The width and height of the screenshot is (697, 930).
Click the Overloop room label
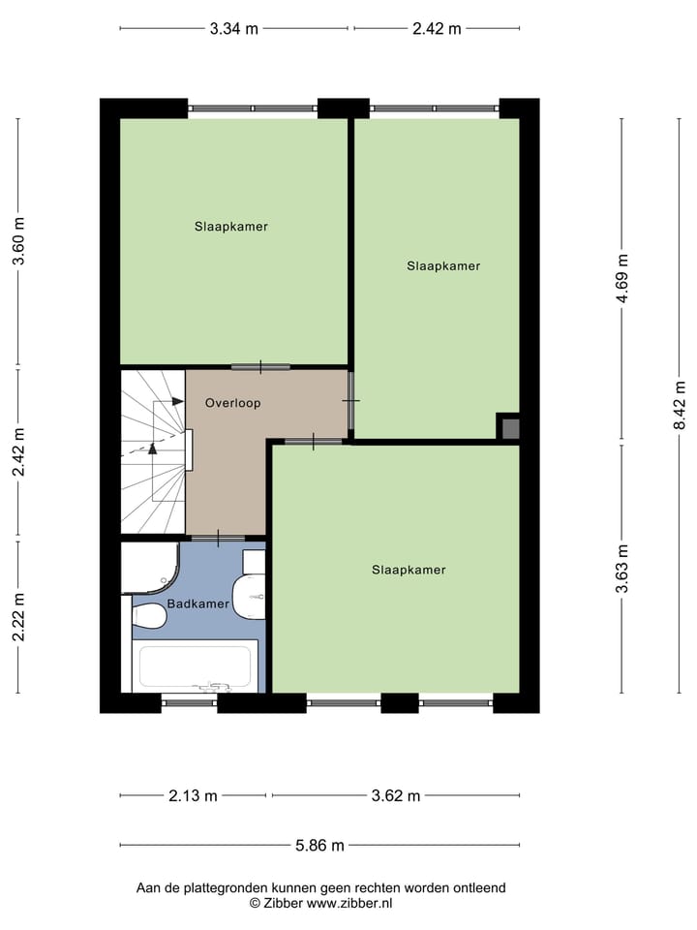pyautogui.click(x=232, y=402)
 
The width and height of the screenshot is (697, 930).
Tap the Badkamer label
pyautogui.click(x=198, y=604)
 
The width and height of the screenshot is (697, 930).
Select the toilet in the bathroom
pyautogui.click(x=149, y=616)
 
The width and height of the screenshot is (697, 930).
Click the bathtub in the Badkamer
pyautogui.click(x=196, y=666)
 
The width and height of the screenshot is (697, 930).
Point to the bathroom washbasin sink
pyautogui.click(x=250, y=594)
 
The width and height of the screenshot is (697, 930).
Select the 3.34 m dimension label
pyautogui.click(x=233, y=28)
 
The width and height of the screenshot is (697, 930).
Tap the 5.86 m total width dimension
pyautogui.click(x=319, y=845)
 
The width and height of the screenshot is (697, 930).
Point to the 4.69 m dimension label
pyautogui.click(x=624, y=279)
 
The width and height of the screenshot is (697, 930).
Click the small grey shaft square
pyautogui.click(x=510, y=428)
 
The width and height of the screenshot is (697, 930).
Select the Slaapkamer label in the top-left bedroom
pyautogui.click(x=230, y=227)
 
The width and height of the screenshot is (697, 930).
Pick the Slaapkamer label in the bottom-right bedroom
pyautogui.click(x=409, y=570)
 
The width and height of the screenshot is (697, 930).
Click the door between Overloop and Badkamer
pyautogui.click(x=218, y=538)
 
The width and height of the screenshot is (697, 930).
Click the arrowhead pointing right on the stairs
pyautogui.click(x=178, y=401)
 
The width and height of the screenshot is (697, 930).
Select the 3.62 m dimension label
pyautogui.click(x=396, y=796)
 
